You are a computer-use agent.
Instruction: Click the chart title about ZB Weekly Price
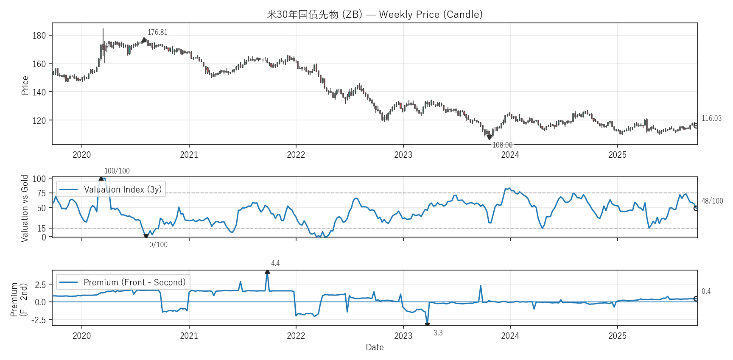(x=375, y=14)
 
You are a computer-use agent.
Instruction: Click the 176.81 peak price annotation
(x=157, y=32)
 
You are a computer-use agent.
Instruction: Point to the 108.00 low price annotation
(x=502, y=145)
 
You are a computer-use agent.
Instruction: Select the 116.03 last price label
(x=711, y=118)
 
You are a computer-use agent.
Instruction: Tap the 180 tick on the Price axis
(x=39, y=36)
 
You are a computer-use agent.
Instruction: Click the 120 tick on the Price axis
(x=39, y=120)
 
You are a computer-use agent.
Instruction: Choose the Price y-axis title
(x=25, y=85)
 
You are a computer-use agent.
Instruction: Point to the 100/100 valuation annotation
(x=117, y=171)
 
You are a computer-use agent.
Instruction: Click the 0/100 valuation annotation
(x=158, y=245)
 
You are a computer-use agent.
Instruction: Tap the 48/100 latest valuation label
(x=712, y=201)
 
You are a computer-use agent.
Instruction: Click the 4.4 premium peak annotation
(x=275, y=263)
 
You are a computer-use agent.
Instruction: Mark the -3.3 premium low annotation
(x=437, y=333)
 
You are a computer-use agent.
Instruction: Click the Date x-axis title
(x=375, y=347)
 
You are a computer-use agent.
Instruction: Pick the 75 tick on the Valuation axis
(x=41, y=193)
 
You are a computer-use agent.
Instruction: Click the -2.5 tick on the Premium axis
(x=38, y=320)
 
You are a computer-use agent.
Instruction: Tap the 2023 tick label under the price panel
(x=403, y=155)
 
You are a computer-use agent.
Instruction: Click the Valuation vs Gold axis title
(x=25, y=208)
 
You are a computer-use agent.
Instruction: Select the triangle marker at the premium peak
(x=267, y=272)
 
